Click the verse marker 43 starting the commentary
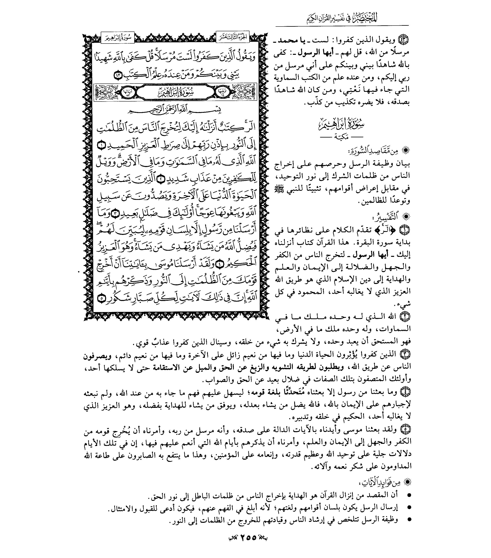coord(404,40)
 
